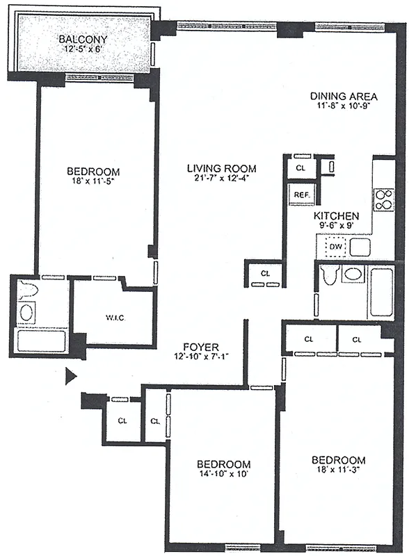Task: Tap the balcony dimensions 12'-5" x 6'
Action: click(82, 50)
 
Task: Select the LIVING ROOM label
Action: click(221, 168)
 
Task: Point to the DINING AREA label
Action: click(344, 96)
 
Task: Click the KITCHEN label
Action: click(336, 216)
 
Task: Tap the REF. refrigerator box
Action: click(301, 195)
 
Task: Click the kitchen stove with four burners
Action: click(384, 200)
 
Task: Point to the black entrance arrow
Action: click(70, 377)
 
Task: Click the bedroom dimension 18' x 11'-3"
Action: click(338, 471)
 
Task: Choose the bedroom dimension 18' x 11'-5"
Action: click(93, 183)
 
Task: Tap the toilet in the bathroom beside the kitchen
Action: click(329, 276)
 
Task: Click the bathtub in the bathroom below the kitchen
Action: click(381, 291)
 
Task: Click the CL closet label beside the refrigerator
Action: click(300, 168)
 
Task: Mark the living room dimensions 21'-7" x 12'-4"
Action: click(221, 180)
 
